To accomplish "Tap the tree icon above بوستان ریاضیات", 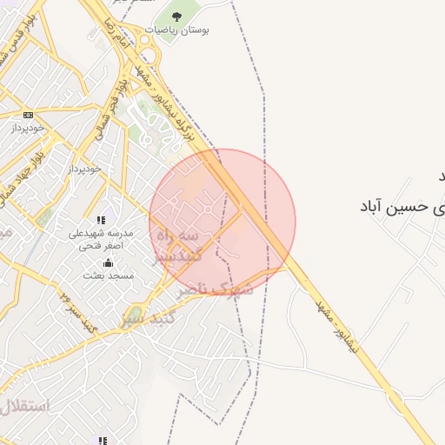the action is [176, 16].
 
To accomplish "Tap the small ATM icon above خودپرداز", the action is [29, 115].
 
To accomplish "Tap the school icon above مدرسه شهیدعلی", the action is [101, 221].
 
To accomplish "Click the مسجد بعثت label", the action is [108, 276].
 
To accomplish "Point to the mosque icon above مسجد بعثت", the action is [108, 263].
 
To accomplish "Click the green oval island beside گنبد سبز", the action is [136, 314].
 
